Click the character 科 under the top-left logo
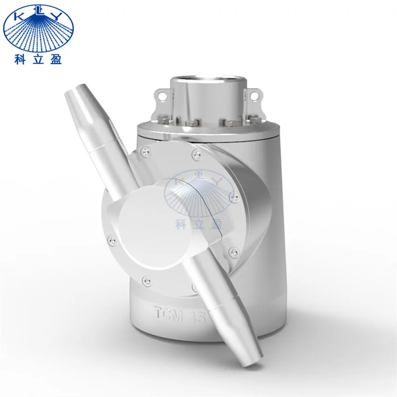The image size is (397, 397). coord(20,60)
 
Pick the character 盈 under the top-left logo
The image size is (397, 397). coord(56,60)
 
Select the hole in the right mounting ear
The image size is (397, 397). coord(254,96)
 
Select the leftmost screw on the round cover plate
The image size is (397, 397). coord(111,241)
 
